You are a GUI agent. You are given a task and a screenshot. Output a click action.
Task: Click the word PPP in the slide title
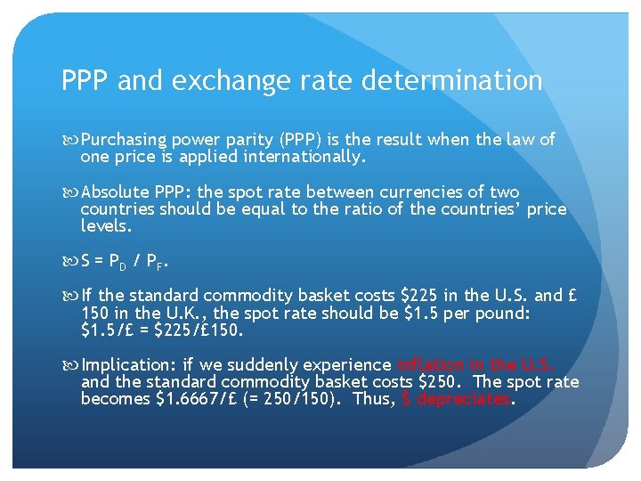point(85,82)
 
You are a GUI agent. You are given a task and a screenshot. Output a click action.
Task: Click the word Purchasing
point(124,140)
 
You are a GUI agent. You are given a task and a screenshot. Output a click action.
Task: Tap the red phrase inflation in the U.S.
point(476,365)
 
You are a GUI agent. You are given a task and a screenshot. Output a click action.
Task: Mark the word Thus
point(372,399)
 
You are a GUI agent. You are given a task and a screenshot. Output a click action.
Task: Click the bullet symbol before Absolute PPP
point(71,192)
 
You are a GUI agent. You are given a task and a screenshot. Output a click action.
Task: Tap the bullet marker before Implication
point(71,365)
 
